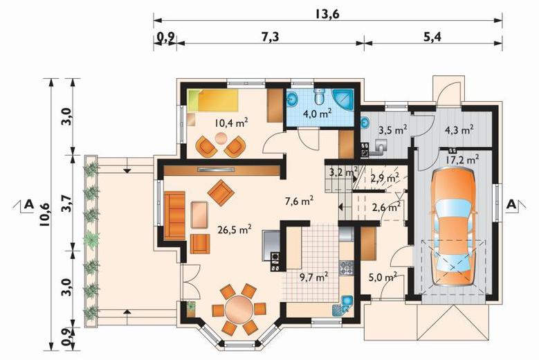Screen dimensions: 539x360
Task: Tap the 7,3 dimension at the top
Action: coord(271,37)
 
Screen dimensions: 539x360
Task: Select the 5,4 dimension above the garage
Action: coord(432,37)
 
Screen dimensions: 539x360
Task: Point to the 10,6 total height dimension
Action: coord(44,214)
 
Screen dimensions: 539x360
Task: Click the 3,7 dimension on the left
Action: coord(66,203)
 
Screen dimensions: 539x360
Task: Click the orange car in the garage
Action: coord(453,226)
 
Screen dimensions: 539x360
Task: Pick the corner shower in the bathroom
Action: coord(343,100)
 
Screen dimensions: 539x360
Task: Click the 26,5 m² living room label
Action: coord(235,229)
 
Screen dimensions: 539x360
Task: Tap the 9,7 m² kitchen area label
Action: coord(313,277)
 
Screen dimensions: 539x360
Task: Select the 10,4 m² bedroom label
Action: coord(231,123)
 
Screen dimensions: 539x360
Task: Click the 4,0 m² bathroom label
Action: coord(318,114)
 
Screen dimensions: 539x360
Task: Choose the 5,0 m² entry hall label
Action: coord(383,277)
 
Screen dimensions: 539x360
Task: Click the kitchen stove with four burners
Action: coord(346,268)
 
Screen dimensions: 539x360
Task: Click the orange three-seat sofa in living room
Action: coord(175,216)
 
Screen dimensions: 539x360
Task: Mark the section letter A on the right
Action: coord(511,205)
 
